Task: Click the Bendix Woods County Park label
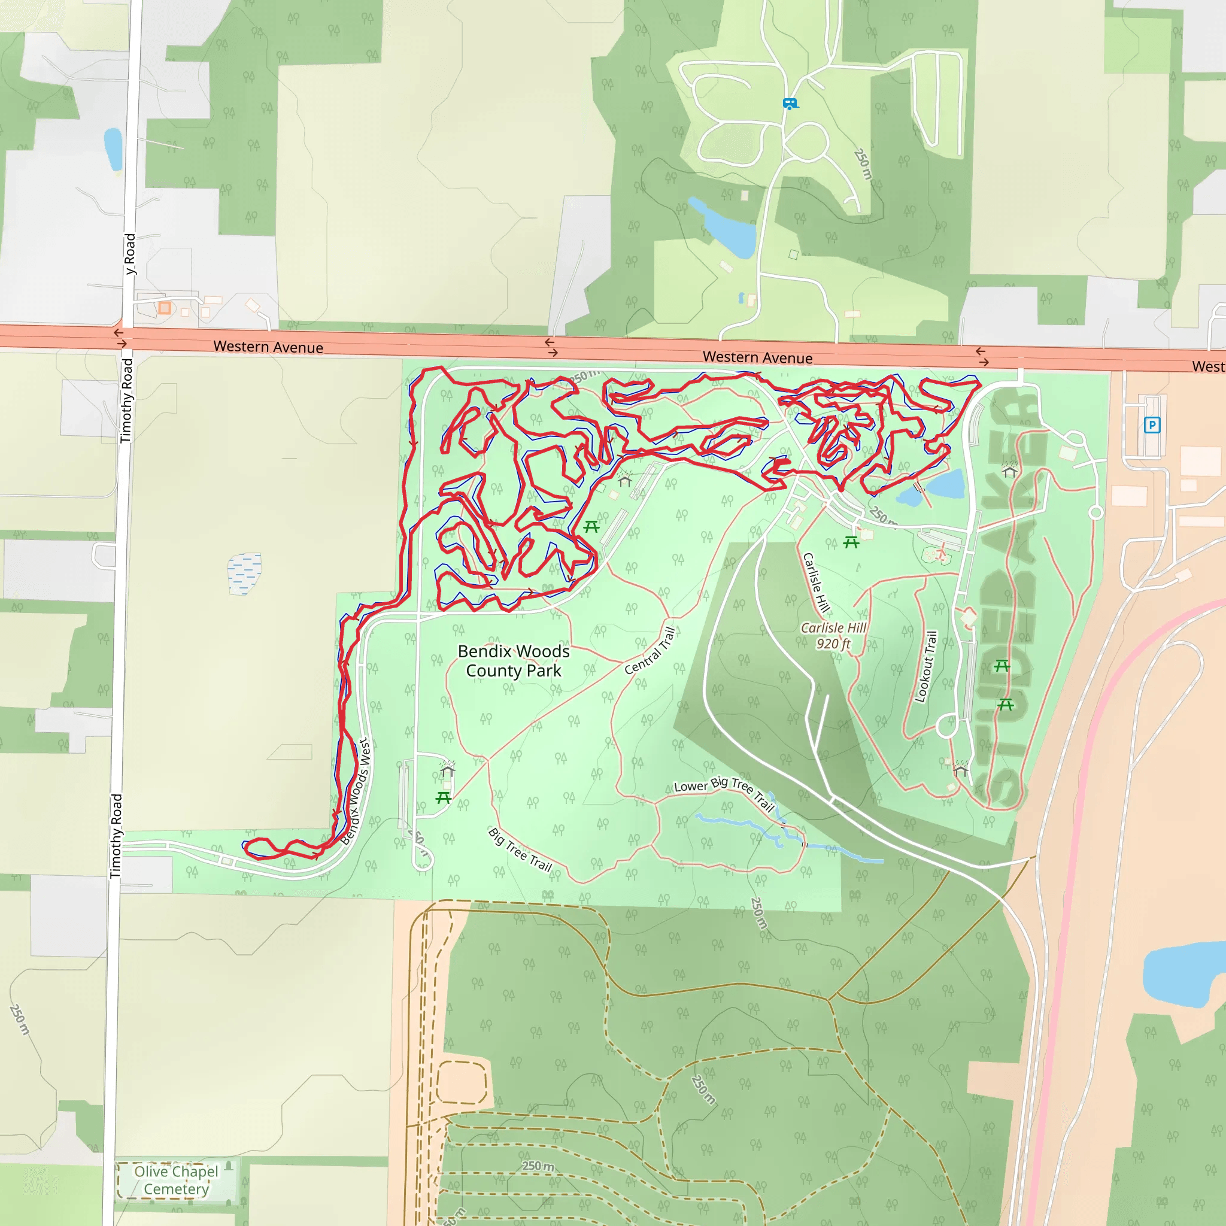(x=514, y=661)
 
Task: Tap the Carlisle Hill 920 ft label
(x=833, y=635)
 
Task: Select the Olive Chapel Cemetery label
(x=176, y=1180)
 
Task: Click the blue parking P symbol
(x=1152, y=424)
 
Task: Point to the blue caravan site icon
(x=790, y=103)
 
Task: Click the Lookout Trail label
(x=925, y=666)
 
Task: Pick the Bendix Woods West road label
(x=356, y=791)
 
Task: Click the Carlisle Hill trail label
(x=816, y=582)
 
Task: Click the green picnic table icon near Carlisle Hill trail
(x=851, y=542)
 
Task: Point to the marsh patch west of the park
(x=244, y=573)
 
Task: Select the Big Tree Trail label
(x=520, y=849)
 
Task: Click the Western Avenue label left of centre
(x=268, y=347)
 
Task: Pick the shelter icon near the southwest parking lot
(x=447, y=770)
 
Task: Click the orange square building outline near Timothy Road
(x=165, y=308)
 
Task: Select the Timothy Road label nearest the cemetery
(x=116, y=836)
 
